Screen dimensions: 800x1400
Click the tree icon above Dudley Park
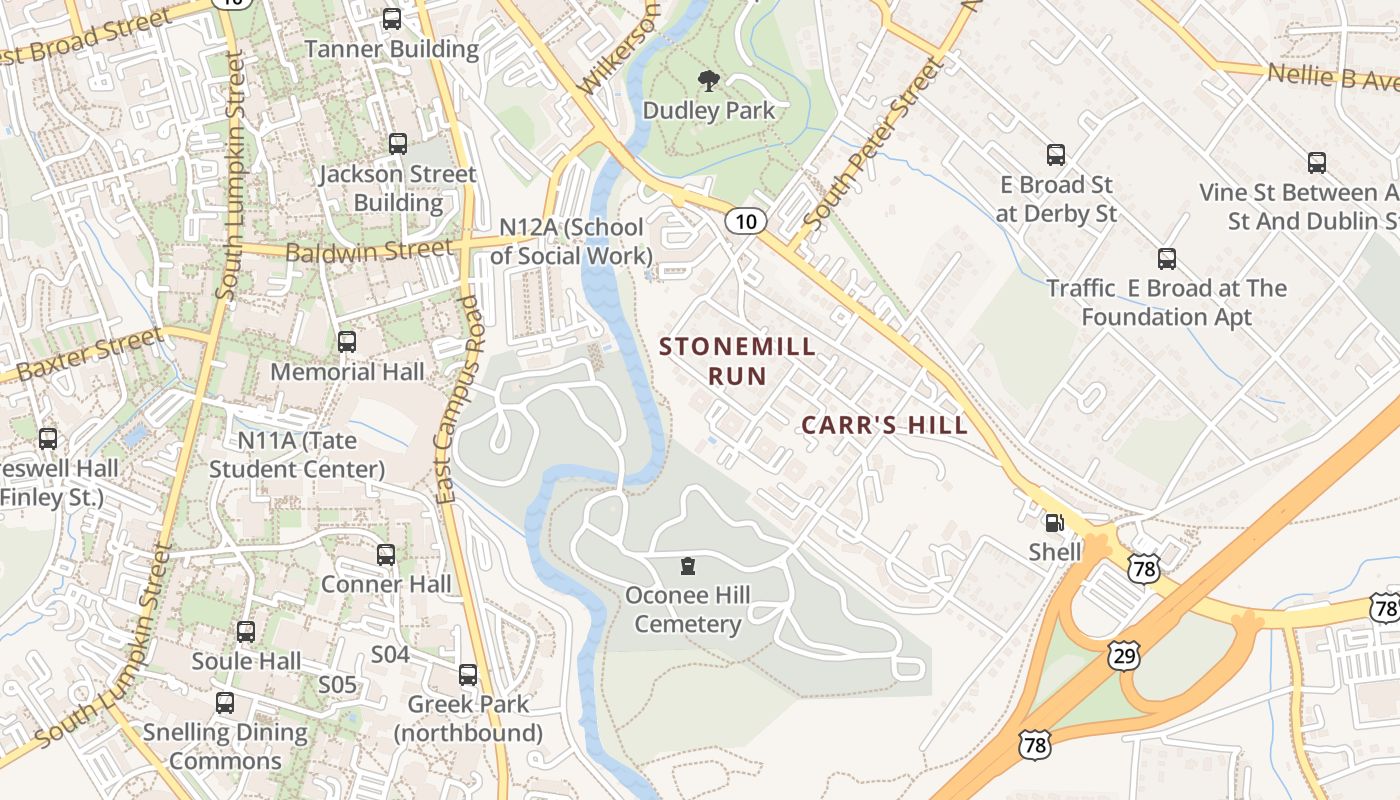pos(709,80)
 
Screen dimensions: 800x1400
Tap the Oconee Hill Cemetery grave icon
pos(687,567)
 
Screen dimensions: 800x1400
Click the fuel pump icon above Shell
pos(1053,522)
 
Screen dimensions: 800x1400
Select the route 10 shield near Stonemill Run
pos(746,221)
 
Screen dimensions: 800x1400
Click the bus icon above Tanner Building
pos(392,19)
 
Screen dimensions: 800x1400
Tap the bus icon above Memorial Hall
pos(347,342)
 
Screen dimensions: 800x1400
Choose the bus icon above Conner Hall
pos(386,555)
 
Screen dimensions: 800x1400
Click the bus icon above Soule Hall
pos(246,632)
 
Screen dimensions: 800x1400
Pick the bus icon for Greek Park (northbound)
pos(468,675)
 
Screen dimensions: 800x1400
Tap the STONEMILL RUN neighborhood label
pos(738,361)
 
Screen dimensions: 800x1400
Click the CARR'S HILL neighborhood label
pos(885,425)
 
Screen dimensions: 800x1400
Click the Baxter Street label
pos(90,355)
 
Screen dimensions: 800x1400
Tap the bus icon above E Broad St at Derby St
pos(1056,155)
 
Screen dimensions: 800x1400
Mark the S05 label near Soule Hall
pos(337,685)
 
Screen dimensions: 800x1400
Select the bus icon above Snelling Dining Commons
pos(225,703)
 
